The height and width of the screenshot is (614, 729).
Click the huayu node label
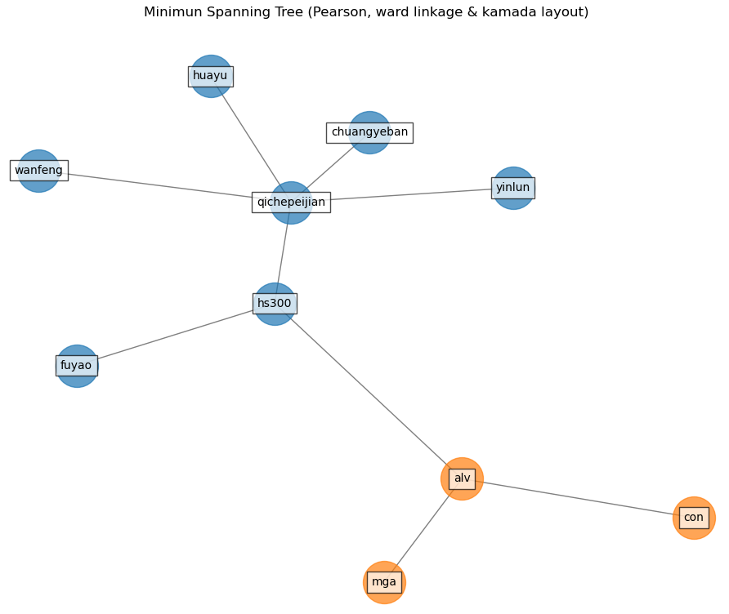pos(211,76)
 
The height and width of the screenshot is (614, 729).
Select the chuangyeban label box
pos(369,132)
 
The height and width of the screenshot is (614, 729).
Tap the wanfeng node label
pos(38,171)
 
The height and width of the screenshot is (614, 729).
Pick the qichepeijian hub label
pos(291,202)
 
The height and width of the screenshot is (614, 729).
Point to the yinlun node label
pos(513,188)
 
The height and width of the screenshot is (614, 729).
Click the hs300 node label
pos(275,304)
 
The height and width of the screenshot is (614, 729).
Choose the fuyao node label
pos(77,366)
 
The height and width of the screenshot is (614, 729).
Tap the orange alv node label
pos(462,478)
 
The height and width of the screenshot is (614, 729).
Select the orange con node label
pos(694,518)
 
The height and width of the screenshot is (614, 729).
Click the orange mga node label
pos(384,582)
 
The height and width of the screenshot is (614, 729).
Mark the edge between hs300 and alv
pos(368,390)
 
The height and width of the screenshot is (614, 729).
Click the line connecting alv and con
pos(578,498)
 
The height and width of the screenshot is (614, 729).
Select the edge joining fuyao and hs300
pos(176,335)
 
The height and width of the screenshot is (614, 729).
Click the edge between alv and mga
pos(423,530)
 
